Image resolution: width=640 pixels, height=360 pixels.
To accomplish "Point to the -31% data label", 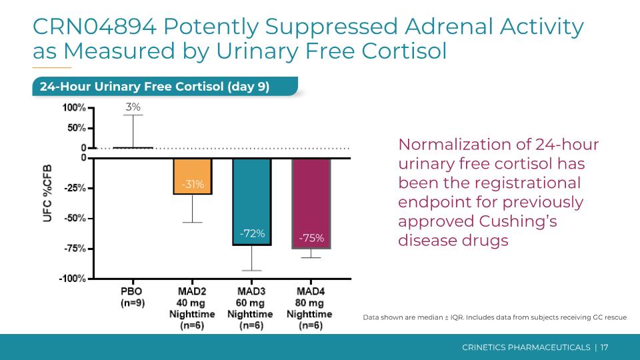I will (x=193, y=185).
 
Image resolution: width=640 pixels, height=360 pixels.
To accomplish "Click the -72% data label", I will (x=253, y=233).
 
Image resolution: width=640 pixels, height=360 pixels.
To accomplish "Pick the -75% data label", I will (x=311, y=238).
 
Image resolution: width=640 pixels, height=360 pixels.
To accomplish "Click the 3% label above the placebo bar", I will (x=133, y=107).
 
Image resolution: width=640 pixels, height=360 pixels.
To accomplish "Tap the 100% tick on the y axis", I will (x=73, y=107).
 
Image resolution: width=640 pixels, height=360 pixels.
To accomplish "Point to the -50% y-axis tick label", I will (x=73, y=218).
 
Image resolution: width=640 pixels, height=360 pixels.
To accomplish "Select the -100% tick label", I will (x=72, y=279).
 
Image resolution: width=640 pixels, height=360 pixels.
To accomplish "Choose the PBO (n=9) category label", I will (x=131, y=297).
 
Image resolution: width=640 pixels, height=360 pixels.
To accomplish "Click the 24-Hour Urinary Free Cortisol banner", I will (x=154, y=87).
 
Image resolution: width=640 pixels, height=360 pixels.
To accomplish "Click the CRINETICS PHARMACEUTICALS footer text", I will (x=526, y=347).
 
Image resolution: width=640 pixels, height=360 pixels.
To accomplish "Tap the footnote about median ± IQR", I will (x=494, y=317).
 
